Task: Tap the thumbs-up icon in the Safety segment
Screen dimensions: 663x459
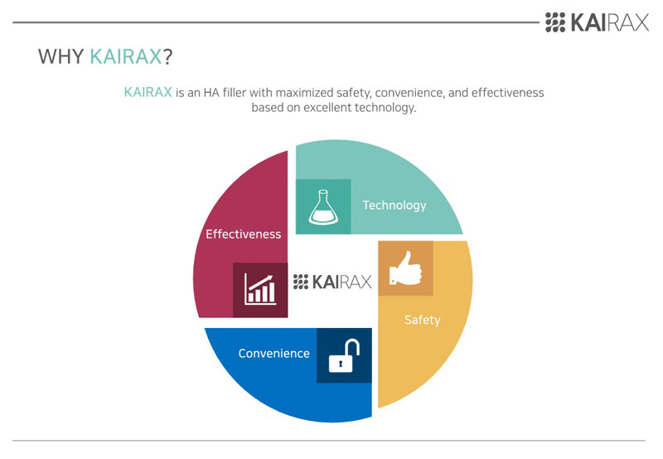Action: click(405, 268)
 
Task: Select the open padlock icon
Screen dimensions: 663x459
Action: click(344, 355)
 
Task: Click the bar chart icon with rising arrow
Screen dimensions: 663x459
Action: click(260, 289)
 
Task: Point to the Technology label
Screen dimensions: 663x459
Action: click(394, 205)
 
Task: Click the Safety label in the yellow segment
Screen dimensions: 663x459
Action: click(423, 320)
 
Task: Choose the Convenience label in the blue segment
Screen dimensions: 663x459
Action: click(274, 353)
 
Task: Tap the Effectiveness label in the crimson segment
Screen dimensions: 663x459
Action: click(244, 234)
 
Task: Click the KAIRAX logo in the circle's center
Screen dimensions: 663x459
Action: click(332, 282)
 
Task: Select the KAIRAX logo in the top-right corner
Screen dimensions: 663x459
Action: click(597, 22)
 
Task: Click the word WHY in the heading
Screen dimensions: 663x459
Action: click(60, 56)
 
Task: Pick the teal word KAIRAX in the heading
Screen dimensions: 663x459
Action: click(126, 56)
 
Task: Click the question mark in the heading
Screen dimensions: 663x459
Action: click(168, 56)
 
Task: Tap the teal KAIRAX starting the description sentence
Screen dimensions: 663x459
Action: click(148, 92)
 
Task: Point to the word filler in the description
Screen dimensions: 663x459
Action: click(235, 92)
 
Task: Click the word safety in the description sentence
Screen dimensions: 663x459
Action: click(354, 93)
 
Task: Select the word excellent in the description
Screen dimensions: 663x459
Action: click(327, 108)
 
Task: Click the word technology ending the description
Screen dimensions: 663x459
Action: click(385, 108)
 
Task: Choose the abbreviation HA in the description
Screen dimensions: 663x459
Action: click(211, 92)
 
